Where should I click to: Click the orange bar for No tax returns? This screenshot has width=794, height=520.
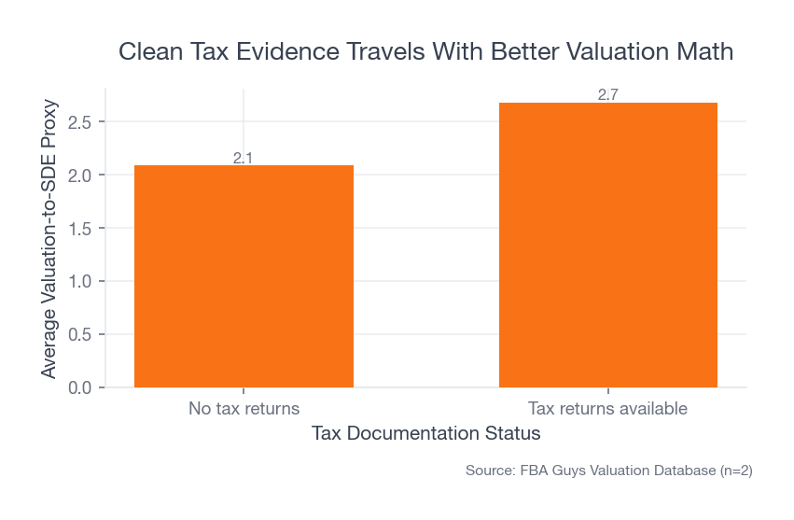244,276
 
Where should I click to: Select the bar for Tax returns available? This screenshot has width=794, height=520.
608,245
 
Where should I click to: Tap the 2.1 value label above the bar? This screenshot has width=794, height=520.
244,158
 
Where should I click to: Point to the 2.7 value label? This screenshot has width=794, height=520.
608,95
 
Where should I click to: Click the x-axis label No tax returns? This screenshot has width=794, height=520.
244,409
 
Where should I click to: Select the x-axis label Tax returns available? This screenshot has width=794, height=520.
608,409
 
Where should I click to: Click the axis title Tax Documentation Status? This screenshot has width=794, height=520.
425,434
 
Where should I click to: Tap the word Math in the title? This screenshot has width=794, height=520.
704,52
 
